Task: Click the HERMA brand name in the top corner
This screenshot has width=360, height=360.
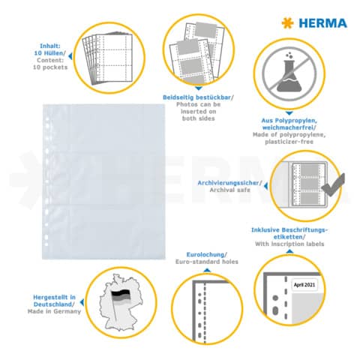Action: pyautogui.click(x=322, y=23)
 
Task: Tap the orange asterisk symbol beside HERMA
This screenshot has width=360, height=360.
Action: pyautogui.click(x=287, y=23)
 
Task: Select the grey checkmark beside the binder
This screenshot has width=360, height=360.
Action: pyautogui.click(x=333, y=184)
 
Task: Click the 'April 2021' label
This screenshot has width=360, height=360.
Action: pyautogui.click(x=304, y=285)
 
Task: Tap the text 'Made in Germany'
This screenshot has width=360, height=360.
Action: pyautogui.click(x=54, y=311)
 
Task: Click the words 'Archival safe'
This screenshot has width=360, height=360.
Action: pyautogui.click(x=229, y=190)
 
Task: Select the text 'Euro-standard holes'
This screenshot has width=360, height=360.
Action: pyautogui.click(x=207, y=262)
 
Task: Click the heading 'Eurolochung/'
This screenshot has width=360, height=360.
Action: pyautogui.click(x=207, y=255)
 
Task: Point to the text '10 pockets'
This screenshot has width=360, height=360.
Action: pyautogui.click(x=50, y=67)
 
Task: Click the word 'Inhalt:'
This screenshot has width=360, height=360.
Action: pyautogui.click(x=50, y=46)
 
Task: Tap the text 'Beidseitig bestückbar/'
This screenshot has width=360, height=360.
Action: pyautogui.click(x=198, y=97)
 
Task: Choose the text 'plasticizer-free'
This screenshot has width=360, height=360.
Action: pyautogui.click(x=289, y=142)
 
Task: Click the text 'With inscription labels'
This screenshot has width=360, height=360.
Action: pyautogui.click(x=289, y=244)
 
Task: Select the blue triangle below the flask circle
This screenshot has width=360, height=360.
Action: pyautogui.click(x=289, y=113)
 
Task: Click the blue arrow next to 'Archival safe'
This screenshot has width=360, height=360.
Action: pyautogui.click(x=265, y=186)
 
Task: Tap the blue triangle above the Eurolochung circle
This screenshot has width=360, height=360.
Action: pyautogui.click(x=207, y=270)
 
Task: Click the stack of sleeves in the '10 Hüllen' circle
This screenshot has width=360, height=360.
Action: pyautogui.click(x=107, y=58)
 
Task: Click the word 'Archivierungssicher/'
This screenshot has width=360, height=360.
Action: pyautogui.click(x=229, y=183)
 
